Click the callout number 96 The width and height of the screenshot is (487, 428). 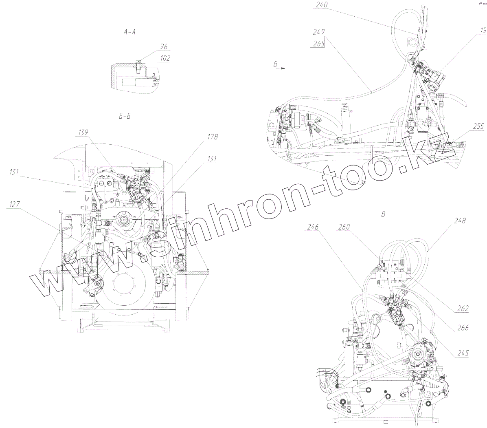pos(164,47)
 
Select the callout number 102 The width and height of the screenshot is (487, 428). pos(165,58)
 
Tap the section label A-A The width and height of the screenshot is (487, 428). pos(129,32)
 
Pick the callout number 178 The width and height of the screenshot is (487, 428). pos(212,137)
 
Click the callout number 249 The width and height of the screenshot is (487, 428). pos(318,31)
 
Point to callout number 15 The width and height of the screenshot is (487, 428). pos(483,30)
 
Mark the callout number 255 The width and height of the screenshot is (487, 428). pos(478,126)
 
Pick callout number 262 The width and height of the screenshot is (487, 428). pos(463,309)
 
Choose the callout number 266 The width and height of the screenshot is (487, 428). pos(463,327)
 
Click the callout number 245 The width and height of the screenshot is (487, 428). pos(463,353)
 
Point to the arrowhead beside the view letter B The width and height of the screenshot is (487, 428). pos(283,69)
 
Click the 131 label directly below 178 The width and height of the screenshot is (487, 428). pos(211,159)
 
